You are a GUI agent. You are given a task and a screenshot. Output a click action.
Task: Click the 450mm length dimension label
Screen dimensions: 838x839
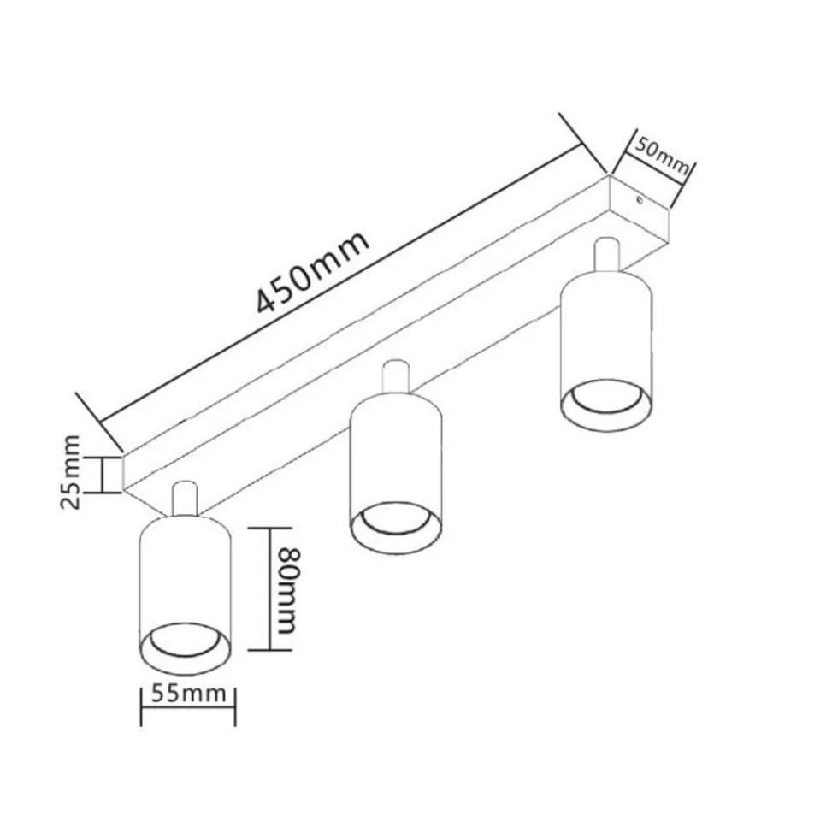pyautogui.click(x=313, y=272)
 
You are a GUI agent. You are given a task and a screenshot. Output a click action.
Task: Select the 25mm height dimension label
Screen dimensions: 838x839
pyautogui.click(x=71, y=472)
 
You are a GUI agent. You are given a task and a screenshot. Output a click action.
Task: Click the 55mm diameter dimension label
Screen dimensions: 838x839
pyautogui.click(x=189, y=694)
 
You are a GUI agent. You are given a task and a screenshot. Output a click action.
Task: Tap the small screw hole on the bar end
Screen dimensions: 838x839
pyautogui.click(x=639, y=200)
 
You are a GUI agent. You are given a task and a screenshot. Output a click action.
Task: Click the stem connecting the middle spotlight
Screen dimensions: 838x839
pyautogui.click(x=397, y=376)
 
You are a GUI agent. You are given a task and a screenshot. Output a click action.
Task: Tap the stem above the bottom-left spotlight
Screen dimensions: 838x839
pyautogui.click(x=185, y=499)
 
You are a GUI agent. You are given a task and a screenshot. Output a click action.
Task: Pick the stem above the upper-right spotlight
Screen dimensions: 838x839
pyautogui.click(x=607, y=254)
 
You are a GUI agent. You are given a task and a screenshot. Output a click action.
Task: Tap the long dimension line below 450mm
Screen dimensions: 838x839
pyautogui.click(x=341, y=283)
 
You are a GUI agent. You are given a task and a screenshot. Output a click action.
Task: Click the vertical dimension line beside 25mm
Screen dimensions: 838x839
pyautogui.click(x=101, y=475)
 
